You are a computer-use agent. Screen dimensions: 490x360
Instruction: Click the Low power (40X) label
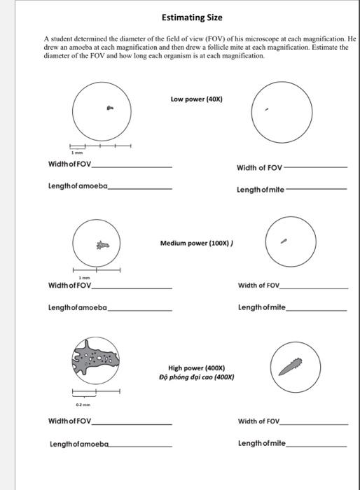click(196, 99)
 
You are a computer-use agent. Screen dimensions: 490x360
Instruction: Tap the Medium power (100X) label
click(198, 243)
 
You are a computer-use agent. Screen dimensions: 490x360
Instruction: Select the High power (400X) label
click(196, 368)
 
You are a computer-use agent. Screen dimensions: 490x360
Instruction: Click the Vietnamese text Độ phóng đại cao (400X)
click(196, 377)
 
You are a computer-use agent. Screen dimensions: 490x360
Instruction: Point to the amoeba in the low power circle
click(109, 108)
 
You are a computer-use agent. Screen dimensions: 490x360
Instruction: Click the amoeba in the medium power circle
click(103, 245)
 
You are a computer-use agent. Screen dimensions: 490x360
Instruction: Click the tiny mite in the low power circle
click(266, 109)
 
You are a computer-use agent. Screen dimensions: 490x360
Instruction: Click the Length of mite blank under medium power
click(317, 309)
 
